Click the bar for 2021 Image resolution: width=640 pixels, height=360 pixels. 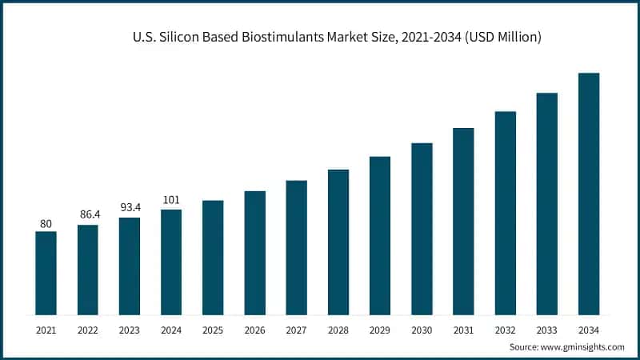click(x=46, y=272)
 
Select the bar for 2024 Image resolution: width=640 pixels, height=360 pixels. click(x=171, y=262)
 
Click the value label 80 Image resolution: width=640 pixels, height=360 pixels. click(x=46, y=224)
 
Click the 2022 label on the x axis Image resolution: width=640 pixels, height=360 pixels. click(x=87, y=329)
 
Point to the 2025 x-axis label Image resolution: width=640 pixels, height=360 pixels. click(x=213, y=329)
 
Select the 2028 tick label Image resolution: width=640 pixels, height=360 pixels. click(x=338, y=329)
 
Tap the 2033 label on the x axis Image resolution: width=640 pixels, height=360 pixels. click(x=547, y=329)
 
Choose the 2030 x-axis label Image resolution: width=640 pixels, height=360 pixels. click(x=422, y=329)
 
